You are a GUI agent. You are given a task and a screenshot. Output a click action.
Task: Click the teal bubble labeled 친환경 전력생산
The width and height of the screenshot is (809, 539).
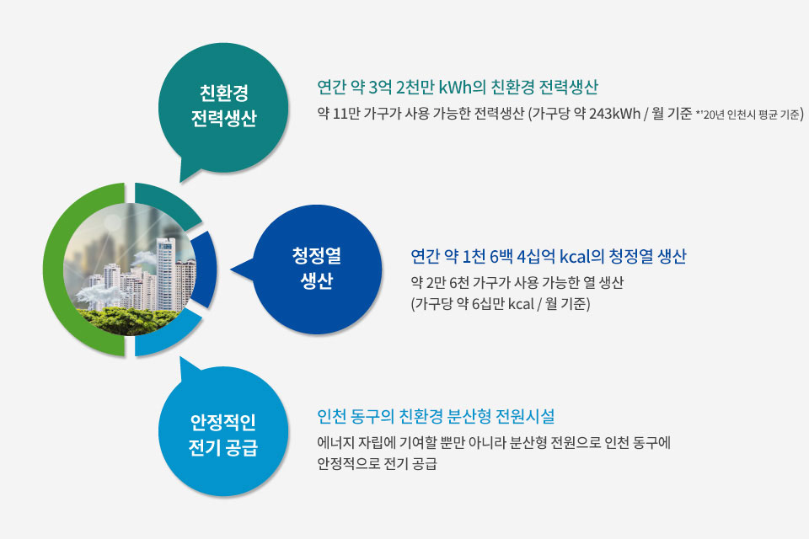(x=222, y=109)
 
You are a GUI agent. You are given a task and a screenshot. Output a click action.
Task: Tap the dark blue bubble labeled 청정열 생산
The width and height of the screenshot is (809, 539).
(x=316, y=269)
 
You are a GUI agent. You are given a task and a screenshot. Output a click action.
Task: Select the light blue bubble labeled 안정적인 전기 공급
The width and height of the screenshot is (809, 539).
(x=222, y=433)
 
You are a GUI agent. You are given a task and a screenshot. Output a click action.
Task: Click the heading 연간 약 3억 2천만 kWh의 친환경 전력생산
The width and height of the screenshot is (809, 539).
(x=457, y=87)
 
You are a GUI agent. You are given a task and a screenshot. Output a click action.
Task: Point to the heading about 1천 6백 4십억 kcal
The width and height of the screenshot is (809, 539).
(x=549, y=256)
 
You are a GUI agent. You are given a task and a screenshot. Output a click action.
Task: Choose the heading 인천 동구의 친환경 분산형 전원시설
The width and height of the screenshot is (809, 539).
(x=436, y=416)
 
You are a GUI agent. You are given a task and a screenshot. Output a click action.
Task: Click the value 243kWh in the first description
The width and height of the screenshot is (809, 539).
(x=614, y=114)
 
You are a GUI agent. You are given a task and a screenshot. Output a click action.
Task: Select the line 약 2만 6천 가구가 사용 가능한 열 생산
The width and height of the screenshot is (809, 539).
(x=517, y=282)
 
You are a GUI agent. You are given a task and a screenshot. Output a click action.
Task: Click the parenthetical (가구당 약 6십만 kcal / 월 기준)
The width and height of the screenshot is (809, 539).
(x=501, y=303)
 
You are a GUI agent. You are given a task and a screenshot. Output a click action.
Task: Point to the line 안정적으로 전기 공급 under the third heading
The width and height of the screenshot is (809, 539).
(x=378, y=463)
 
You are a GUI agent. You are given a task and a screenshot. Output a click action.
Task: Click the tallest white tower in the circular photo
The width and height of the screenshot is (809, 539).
(x=166, y=274)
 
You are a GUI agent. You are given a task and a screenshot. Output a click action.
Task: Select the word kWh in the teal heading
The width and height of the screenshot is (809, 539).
(x=455, y=87)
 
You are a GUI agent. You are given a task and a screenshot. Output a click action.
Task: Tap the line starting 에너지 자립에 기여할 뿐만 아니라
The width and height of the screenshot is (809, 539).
(x=494, y=442)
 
